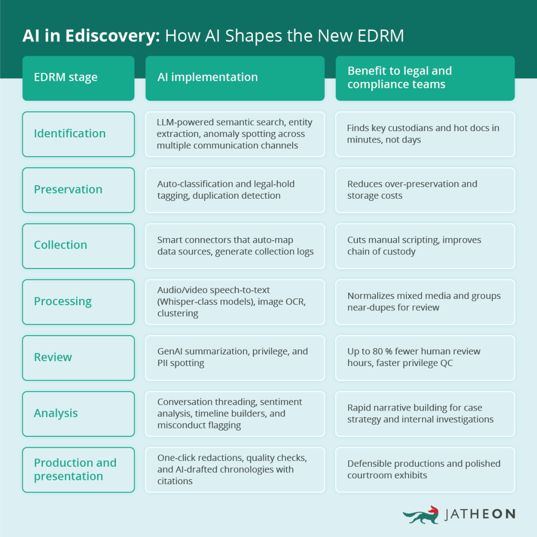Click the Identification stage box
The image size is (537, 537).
[x=78, y=134]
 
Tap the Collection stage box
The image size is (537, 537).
[x=78, y=245]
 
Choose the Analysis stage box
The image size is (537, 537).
[x=78, y=413]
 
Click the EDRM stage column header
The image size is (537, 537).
[x=78, y=78]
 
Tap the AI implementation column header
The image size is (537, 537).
[x=234, y=78]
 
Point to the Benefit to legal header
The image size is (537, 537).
[x=425, y=78]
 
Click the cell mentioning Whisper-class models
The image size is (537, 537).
[x=234, y=302]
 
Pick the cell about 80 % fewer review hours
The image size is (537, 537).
[x=425, y=357]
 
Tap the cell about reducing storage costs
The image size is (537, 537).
[x=425, y=190]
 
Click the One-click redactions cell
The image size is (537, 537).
[x=234, y=469]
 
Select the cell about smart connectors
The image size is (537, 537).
[x=234, y=245]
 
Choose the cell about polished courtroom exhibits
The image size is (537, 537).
[x=425, y=469]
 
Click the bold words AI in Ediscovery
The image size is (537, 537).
[x=91, y=36]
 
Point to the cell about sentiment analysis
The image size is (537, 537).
[x=234, y=413]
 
